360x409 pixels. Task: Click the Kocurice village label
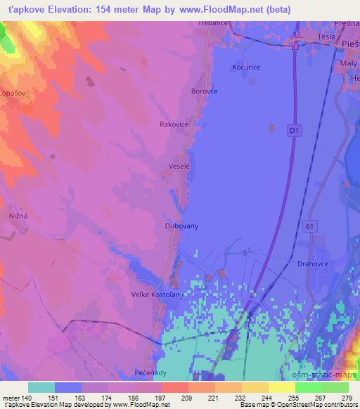pyautogui.click(x=245, y=67)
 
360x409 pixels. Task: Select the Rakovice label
pyautogui.click(x=174, y=124)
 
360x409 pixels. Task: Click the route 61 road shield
pyautogui.click(x=310, y=226)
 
